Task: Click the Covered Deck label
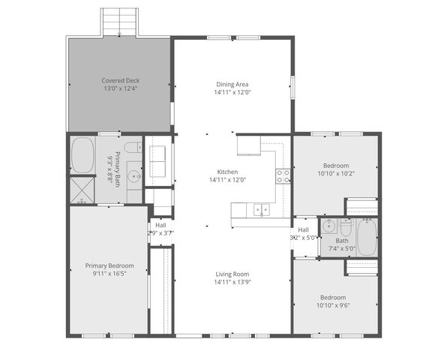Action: coord(120,80)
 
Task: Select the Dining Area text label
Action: coord(232,84)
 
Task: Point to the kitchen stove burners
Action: coord(283,176)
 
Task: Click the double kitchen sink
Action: coord(262,209)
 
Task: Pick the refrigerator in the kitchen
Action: coord(248,144)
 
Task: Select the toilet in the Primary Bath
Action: coord(131,147)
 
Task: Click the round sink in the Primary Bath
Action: coord(133,178)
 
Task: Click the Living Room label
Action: coord(232,274)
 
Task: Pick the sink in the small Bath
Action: coord(328,227)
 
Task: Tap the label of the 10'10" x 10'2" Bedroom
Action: coord(334,165)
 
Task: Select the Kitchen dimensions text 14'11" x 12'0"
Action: coord(227,180)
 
